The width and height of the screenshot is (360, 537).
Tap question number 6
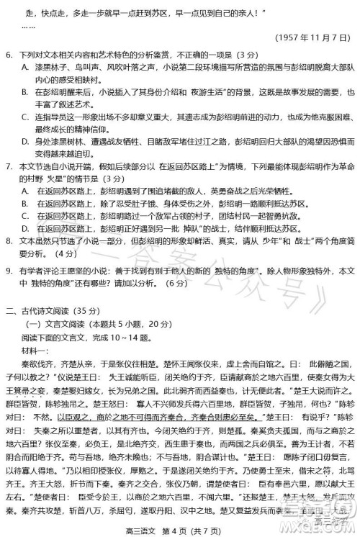[x=9, y=55]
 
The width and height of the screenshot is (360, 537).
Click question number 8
[x=9, y=240]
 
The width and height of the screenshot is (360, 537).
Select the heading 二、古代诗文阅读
[x=39, y=311]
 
